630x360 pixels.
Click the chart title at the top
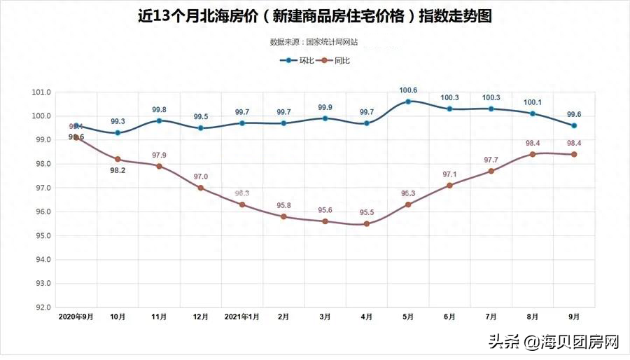tap(314, 16)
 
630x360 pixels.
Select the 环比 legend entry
tap(297, 61)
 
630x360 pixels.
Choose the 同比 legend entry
tap(335, 61)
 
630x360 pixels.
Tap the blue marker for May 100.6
tap(408, 102)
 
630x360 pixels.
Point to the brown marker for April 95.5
tap(367, 223)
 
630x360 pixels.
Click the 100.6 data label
tap(408, 90)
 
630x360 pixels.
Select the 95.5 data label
tap(367, 212)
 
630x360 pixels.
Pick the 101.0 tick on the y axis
tap(42, 92)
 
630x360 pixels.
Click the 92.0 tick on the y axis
tap(42, 307)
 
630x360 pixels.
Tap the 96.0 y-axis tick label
tap(42, 212)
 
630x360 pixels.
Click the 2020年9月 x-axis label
tap(76, 317)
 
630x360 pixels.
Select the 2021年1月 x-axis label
tap(242, 317)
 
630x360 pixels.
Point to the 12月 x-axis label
tap(200, 317)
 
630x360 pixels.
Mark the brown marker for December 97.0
tap(201, 188)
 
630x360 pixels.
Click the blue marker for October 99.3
tap(118, 132)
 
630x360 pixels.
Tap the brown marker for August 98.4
tap(533, 154)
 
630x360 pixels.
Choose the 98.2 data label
tap(118, 170)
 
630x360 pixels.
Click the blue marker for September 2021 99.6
tap(574, 125)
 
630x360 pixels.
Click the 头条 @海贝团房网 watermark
tap(554, 342)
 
